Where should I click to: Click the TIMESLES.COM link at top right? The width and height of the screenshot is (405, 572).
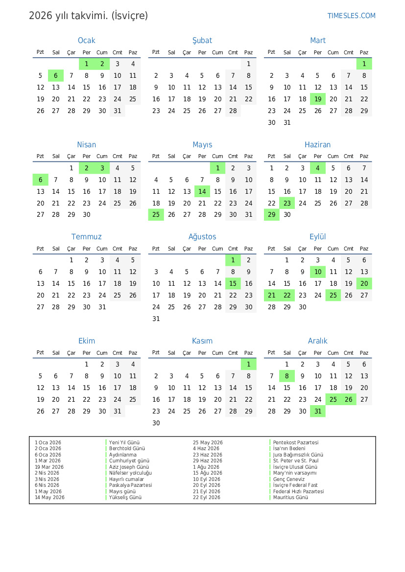click(x=351, y=16)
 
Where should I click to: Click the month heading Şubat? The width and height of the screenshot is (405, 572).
click(x=202, y=41)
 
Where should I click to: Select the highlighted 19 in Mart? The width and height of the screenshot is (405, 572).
click(x=318, y=99)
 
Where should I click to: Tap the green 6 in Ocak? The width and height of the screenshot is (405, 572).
click(x=56, y=75)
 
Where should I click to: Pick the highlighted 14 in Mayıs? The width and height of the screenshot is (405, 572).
click(x=202, y=191)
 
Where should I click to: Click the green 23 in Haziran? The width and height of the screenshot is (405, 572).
click(x=287, y=203)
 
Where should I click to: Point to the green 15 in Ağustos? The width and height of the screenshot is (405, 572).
click(x=233, y=283)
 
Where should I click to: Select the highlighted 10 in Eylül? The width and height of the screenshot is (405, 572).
click(x=318, y=272)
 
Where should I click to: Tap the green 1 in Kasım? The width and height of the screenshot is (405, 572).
click(x=248, y=364)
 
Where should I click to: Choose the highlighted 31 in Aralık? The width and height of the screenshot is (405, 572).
click(x=318, y=412)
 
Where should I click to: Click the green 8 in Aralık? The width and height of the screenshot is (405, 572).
click(x=287, y=376)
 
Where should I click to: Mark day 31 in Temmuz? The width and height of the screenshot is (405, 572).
click(x=102, y=307)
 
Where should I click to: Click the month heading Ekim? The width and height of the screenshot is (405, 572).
click(x=87, y=341)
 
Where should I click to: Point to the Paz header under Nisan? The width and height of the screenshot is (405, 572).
click(x=133, y=157)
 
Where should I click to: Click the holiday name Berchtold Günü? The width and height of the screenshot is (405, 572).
click(x=127, y=449)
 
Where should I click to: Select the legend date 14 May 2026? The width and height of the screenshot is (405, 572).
click(x=49, y=498)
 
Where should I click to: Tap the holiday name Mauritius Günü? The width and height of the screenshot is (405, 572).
click(x=291, y=498)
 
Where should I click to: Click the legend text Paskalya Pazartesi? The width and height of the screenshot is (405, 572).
click(x=131, y=485)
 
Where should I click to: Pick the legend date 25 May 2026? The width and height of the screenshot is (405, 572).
click(x=208, y=443)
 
